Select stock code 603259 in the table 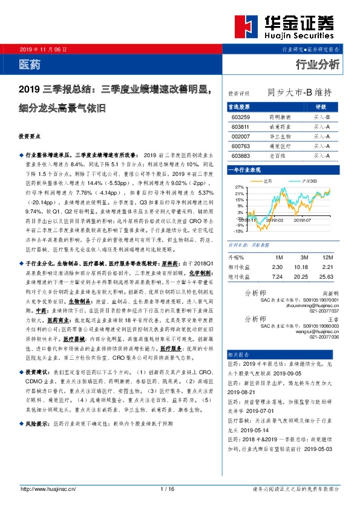pyautogui.click(x=241, y=116)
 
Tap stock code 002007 pyautogui.click(x=241, y=136)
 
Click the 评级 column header pyautogui.click(x=321, y=106)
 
